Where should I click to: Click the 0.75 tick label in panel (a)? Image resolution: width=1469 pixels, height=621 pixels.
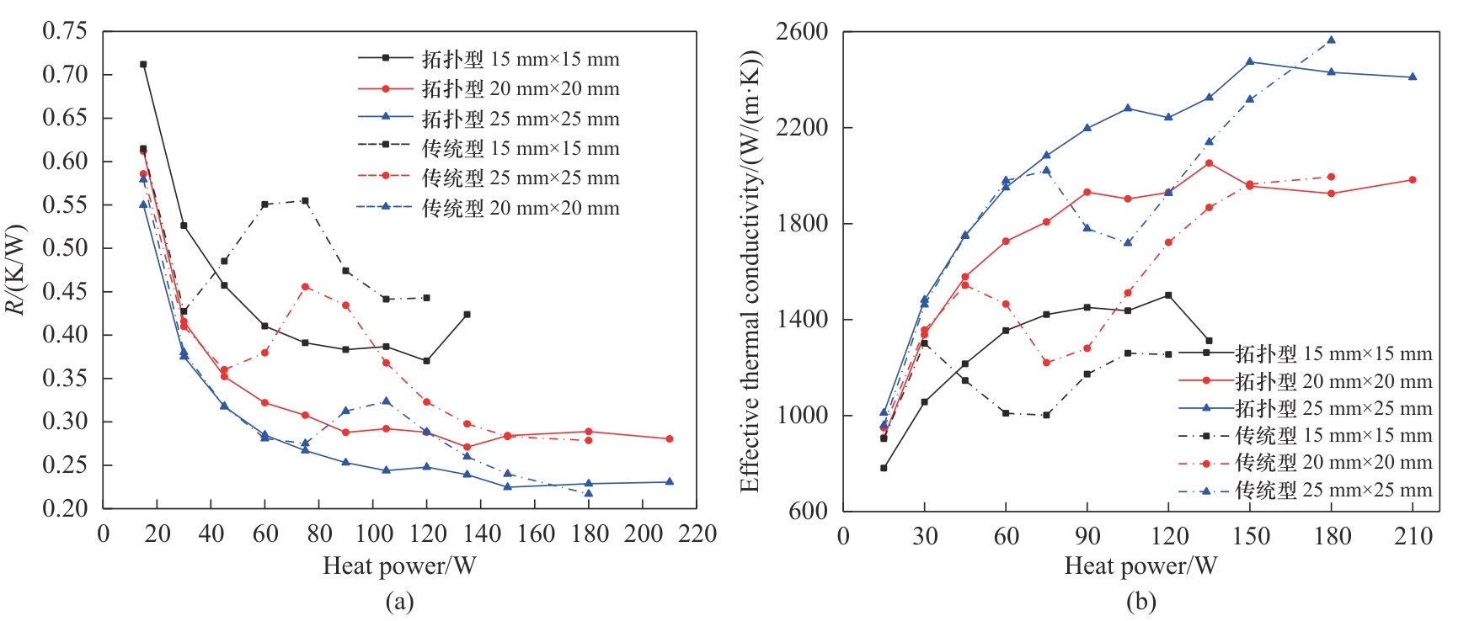point(65,31)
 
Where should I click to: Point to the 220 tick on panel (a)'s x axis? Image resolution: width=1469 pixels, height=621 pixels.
point(698,534)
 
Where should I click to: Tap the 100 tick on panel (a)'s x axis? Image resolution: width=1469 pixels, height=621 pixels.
point(374,534)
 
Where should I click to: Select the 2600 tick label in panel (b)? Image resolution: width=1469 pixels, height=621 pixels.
point(802,32)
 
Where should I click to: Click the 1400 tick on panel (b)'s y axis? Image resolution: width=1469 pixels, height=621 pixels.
point(802,320)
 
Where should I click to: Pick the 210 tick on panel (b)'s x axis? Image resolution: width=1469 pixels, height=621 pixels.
point(1413,536)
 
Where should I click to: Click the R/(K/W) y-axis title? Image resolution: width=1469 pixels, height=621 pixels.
point(17,269)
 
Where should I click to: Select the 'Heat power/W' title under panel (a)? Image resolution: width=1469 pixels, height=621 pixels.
point(399,565)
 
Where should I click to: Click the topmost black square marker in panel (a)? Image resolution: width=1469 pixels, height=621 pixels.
point(143,64)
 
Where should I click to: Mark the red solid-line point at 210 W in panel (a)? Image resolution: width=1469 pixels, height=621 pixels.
point(670,438)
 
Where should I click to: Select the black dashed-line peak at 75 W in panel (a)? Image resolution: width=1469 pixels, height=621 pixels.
point(305,200)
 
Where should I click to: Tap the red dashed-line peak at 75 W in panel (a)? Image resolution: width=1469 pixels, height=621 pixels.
point(305,287)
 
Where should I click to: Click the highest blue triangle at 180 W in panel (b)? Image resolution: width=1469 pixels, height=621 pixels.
point(1331,40)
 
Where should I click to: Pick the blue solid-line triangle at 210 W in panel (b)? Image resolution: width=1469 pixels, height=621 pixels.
point(1413,77)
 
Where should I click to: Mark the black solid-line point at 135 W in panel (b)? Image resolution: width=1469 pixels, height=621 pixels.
point(1209,341)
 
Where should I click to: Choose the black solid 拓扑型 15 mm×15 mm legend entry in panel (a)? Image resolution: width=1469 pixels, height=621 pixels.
point(489,59)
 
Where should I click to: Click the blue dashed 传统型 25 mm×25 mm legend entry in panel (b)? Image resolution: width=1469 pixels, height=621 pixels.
point(1306,490)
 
